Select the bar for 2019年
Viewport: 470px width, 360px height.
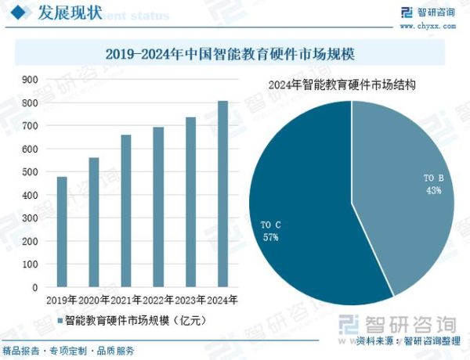62,232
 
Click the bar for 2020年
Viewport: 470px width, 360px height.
94,222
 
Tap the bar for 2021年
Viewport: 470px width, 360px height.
126,211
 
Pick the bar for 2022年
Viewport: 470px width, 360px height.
158,207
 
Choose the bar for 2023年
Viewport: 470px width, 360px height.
190,202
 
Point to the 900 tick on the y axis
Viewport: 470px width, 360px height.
30,80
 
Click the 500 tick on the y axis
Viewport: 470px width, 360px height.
30,172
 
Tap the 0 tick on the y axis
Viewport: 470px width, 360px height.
34,287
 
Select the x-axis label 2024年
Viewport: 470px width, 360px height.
222,301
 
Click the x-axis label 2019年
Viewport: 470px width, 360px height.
62,301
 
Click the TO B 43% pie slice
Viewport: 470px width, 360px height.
407,188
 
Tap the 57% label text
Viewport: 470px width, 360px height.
271,237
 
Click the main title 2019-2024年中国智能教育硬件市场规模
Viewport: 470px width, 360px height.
235,54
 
